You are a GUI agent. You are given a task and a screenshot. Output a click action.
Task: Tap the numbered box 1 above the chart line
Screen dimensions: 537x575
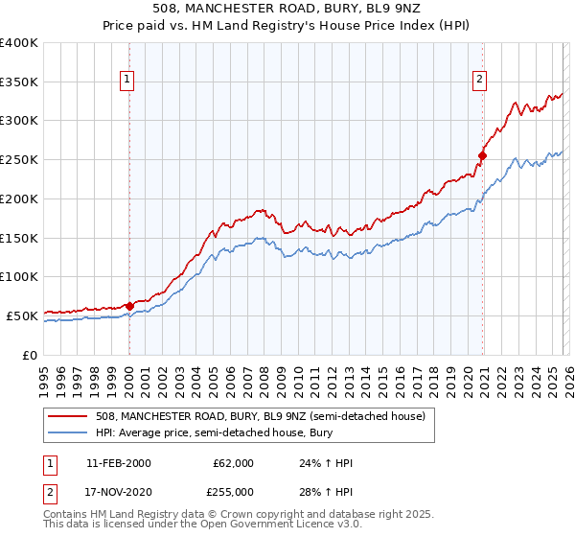point(128,81)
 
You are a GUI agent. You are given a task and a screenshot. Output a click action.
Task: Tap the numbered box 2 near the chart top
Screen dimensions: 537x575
point(478,81)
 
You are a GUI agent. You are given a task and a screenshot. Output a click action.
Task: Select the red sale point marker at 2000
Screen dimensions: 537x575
point(129,306)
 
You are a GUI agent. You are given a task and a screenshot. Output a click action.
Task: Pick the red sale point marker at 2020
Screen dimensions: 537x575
point(483,154)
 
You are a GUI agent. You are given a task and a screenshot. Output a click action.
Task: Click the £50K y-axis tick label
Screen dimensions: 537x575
point(22,315)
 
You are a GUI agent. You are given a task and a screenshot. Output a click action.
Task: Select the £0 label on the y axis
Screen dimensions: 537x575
point(31,355)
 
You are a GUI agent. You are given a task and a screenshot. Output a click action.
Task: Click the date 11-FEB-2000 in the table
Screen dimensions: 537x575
point(118,463)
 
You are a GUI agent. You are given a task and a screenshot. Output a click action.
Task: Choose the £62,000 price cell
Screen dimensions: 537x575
point(234,463)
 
